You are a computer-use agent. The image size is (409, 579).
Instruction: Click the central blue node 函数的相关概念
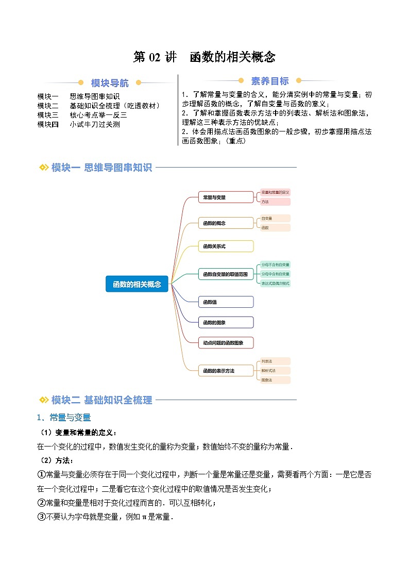pyautogui.click(x=137, y=284)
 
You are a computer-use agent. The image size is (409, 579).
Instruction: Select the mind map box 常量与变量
pyautogui.click(x=226, y=197)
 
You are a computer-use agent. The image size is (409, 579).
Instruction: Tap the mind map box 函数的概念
pyautogui.click(x=226, y=223)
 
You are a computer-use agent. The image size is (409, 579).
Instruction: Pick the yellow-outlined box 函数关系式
pyautogui.click(x=226, y=246)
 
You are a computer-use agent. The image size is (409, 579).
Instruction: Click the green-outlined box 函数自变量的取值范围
pyautogui.click(x=226, y=274)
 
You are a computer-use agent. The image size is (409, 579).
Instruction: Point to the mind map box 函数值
pyautogui.click(x=226, y=302)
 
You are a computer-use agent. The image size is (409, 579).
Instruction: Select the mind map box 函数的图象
pyautogui.click(x=226, y=323)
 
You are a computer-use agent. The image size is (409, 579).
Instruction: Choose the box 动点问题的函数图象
pyautogui.click(x=226, y=342)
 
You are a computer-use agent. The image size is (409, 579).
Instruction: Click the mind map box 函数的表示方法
pyautogui.click(x=226, y=371)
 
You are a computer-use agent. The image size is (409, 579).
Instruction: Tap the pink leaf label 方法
pyautogui.click(x=274, y=202)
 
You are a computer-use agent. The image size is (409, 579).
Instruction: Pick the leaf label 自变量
pyautogui.click(x=274, y=219)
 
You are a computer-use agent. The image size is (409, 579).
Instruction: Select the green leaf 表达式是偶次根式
pyautogui.click(x=275, y=284)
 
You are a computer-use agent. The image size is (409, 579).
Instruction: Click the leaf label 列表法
pyautogui.click(x=274, y=361)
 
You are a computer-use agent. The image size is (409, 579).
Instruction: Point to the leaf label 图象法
pyautogui.click(x=274, y=380)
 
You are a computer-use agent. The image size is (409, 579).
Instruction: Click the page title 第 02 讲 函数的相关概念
pyautogui.click(x=204, y=57)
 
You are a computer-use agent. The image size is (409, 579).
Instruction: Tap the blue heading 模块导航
pyautogui.click(x=110, y=83)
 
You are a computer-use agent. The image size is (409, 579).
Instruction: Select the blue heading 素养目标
pyautogui.click(x=270, y=81)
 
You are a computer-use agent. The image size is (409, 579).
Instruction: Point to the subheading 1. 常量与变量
pyautogui.click(x=64, y=417)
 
